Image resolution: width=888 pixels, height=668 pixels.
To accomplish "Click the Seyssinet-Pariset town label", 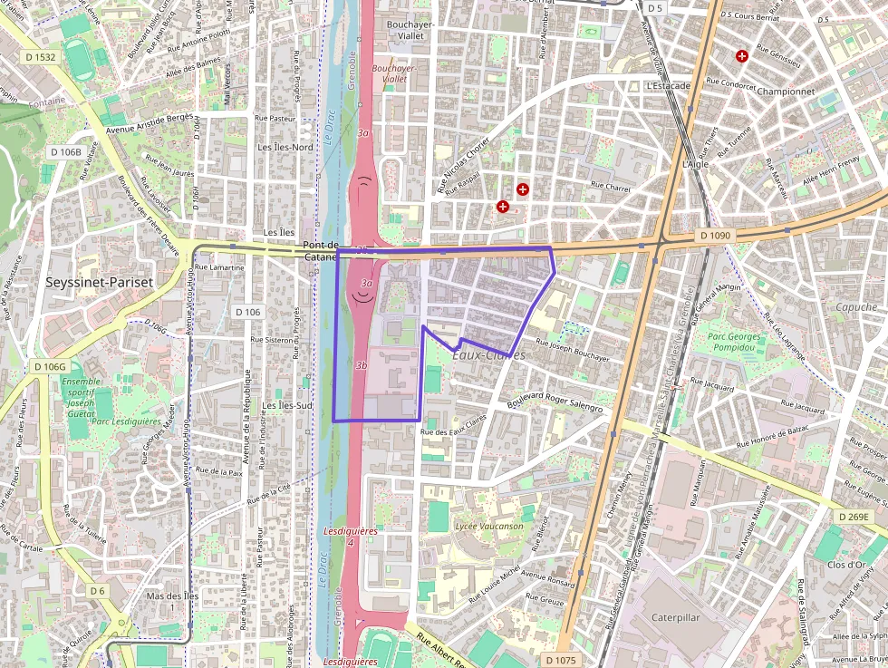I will [100, 283].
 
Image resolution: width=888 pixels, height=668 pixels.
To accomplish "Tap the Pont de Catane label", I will [321, 251].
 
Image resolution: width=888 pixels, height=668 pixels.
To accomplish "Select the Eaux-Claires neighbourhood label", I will [488, 355].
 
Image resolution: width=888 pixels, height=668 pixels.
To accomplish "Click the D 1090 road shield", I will [715, 236].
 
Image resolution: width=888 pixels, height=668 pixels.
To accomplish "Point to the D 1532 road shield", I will [40, 57].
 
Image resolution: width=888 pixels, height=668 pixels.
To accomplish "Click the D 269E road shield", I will [853, 517].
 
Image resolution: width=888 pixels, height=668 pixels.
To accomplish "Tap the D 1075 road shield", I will [562, 661].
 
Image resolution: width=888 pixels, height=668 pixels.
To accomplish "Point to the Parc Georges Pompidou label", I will [736, 343].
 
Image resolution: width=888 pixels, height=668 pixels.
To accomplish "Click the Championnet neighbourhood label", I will [786, 92].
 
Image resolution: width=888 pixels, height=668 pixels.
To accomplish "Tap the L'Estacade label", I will [668, 86].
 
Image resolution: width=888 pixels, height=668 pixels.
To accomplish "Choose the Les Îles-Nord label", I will [285, 147].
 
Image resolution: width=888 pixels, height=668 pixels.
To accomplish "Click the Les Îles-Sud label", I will [287, 405].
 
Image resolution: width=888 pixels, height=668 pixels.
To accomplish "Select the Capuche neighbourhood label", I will [856, 307].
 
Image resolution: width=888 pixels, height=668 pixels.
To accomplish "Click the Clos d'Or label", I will [846, 565].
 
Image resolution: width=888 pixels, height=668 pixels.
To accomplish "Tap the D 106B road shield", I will [65, 151].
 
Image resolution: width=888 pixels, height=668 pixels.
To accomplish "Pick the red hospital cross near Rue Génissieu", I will [742, 56].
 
